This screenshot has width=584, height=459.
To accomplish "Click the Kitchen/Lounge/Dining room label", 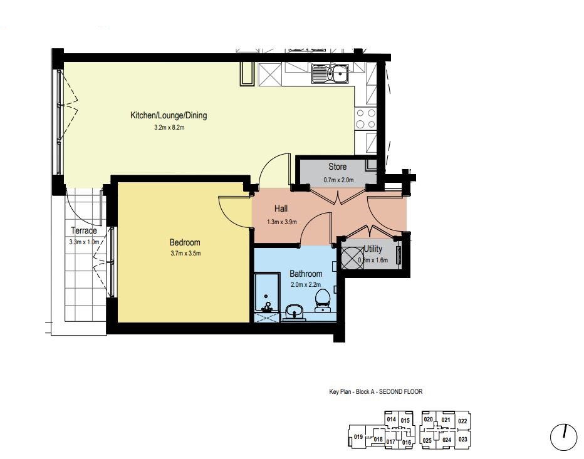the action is pyautogui.click(x=169, y=115).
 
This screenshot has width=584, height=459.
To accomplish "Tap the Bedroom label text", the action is pyautogui.click(x=185, y=243).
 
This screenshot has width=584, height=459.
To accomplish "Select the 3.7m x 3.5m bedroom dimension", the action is pyautogui.click(x=185, y=254).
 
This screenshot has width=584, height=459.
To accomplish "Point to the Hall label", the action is pyautogui.click(x=281, y=209).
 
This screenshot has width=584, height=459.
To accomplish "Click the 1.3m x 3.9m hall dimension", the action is pyautogui.click(x=281, y=222).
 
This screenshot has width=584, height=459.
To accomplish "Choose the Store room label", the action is pyautogui.click(x=338, y=167).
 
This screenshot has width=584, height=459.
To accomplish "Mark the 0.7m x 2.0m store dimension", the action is pyautogui.click(x=338, y=180).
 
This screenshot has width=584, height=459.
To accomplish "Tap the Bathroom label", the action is pyautogui.click(x=306, y=274).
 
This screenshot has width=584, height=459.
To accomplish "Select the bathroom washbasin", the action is pyautogui.click(x=295, y=312).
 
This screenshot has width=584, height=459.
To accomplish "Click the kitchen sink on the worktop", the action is pyautogui.click(x=330, y=74).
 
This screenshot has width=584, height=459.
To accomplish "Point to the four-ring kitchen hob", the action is pyautogui.click(x=365, y=119).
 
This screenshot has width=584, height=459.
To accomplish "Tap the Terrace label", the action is pyautogui.click(x=84, y=231).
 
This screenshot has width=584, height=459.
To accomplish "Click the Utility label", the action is pyautogui.click(x=373, y=249).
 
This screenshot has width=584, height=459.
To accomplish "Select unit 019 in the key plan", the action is pyautogui.click(x=358, y=436).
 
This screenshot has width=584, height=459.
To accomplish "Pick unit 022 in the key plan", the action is pyautogui.click(x=462, y=421).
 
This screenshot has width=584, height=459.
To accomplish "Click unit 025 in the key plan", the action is pyautogui.click(x=427, y=441).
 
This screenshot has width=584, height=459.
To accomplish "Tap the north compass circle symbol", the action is pyautogui.click(x=563, y=438).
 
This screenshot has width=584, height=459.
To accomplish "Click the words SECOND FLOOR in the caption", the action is pyautogui.click(x=401, y=391).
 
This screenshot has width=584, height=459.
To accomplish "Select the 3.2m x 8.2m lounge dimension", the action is pyautogui.click(x=169, y=127).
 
